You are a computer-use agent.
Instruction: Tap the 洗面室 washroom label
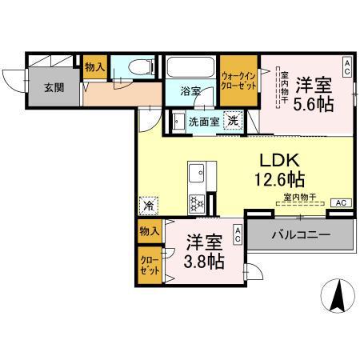pos(203,122)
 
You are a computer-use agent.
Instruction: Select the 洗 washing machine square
pos(231,122)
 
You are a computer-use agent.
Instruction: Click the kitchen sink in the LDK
pos(197,173)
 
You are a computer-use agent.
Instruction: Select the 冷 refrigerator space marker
pos(149,206)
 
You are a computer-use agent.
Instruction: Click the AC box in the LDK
pos(340,202)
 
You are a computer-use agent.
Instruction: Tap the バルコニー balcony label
pos(300,236)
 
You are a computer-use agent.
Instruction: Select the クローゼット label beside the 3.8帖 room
pos(148,265)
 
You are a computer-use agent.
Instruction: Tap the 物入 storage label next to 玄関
pos(94,67)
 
